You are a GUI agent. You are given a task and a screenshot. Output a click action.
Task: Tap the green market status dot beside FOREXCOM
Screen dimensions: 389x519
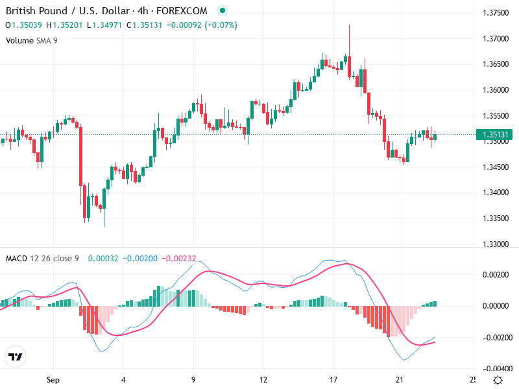[223, 11]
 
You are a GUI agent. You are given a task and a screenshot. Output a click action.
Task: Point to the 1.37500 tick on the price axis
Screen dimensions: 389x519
[496, 13]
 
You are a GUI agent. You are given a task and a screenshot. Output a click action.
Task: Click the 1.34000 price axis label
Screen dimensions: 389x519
[496, 193]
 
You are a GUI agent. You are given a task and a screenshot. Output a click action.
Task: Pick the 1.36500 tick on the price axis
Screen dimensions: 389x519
[496, 64]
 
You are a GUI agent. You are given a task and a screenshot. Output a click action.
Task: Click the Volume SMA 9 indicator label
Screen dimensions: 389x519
[31, 40]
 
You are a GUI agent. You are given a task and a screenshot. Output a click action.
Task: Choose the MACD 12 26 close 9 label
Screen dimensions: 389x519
[42, 259]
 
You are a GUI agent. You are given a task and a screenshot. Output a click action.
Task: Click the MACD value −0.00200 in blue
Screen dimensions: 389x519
[139, 259]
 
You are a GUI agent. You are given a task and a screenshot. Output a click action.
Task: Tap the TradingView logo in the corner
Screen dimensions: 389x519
[15, 357]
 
